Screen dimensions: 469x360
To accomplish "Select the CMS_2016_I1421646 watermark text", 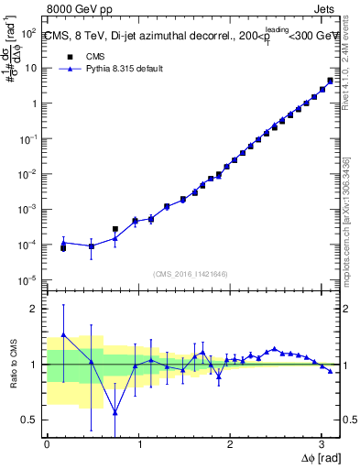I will (191, 273).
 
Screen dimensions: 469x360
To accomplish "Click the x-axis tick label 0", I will (47, 444).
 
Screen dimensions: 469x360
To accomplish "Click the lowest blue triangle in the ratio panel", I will (115, 412).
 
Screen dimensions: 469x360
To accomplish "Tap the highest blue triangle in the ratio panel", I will (63, 334).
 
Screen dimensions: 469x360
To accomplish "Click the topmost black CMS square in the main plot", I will (330, 81).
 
